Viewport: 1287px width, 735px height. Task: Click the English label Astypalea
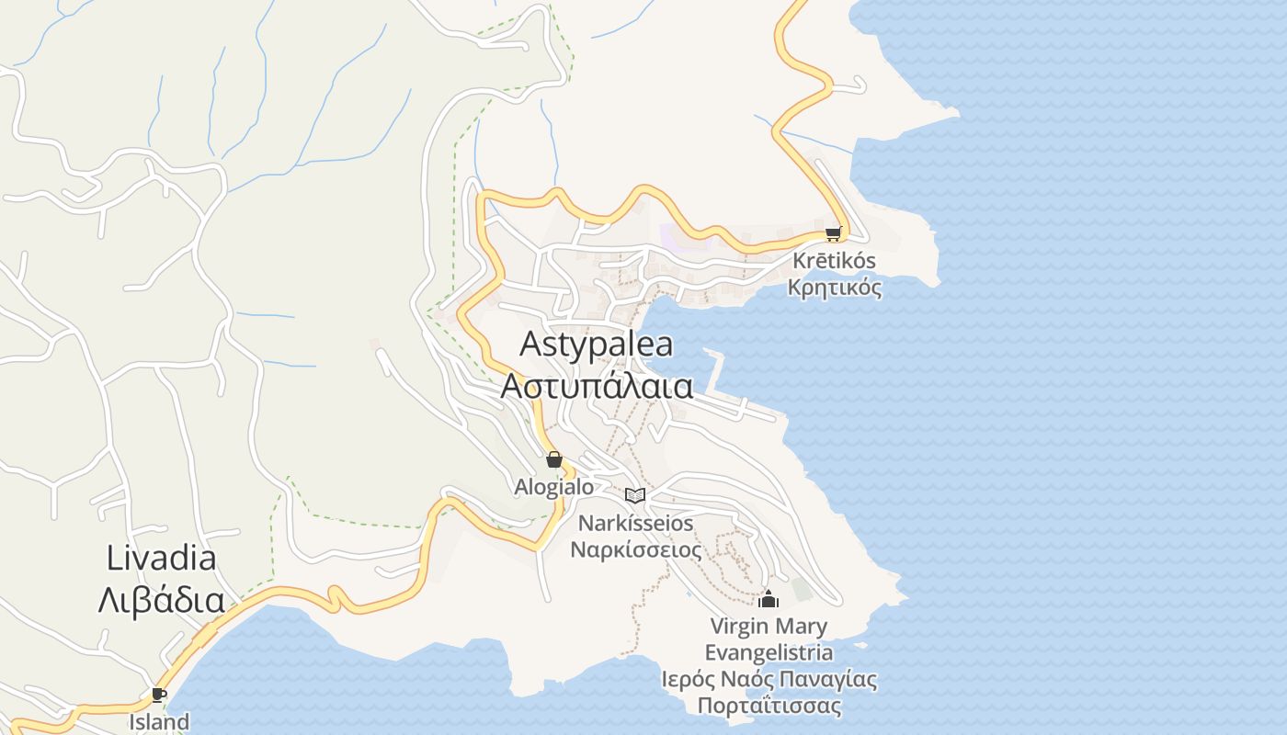[596, 345]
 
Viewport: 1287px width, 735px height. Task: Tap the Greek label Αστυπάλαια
[596, 387]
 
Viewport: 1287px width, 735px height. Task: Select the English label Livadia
[161, 558]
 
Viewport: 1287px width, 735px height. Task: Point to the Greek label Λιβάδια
[161, 600]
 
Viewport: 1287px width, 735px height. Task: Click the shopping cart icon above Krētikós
[833, 233]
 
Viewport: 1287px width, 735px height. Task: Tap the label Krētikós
[834, 261]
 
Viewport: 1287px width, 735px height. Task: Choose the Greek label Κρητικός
[834, 288]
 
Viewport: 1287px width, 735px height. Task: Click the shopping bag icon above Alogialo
[553, 459]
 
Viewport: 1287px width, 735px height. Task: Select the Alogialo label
[553, 487]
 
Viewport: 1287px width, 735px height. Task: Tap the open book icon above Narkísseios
[635, 495]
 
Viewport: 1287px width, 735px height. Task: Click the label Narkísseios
[635, 523]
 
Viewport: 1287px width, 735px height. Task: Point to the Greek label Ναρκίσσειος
[635, 549]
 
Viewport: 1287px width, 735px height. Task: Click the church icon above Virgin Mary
[769, 600]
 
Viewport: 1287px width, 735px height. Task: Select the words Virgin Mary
[769, 627]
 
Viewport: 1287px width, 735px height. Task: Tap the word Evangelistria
[769, 653]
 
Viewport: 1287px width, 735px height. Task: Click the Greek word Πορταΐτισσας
[769, 707]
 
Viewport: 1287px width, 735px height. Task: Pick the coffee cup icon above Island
[158, 694]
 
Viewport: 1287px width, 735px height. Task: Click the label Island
[158, 721]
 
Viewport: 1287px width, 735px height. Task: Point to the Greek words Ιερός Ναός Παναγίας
[769, 680]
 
